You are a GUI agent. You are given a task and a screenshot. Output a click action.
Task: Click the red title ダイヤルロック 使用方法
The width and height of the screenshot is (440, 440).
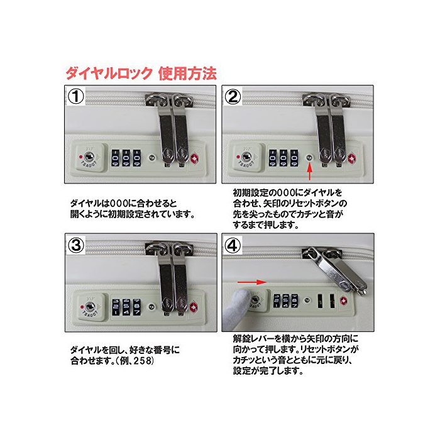tap(141, 74)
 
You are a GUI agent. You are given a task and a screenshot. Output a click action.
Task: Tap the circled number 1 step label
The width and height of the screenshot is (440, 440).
tap(76, 97)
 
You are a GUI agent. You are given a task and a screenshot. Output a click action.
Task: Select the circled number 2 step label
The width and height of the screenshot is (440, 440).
tap(233, 97)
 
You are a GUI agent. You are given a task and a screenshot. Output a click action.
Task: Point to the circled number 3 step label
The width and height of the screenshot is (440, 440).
tap(76, 245)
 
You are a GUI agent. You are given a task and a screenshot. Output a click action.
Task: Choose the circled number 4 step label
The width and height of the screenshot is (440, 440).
tap(233, 245)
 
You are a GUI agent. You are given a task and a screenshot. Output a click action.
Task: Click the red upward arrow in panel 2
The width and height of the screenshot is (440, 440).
tap(309, 172)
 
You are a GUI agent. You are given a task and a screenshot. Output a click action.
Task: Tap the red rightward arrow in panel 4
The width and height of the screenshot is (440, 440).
tap(251, 282)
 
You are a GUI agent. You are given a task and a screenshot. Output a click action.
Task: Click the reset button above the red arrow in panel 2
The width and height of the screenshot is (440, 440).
tap(309, 157)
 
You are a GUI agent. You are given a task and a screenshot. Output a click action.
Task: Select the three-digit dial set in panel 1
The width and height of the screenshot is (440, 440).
tap(126, 158)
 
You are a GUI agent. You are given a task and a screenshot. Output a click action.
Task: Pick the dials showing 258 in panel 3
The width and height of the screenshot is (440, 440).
tap(126, 307)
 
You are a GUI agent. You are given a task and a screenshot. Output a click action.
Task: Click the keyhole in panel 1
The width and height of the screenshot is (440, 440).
tap(89, 157)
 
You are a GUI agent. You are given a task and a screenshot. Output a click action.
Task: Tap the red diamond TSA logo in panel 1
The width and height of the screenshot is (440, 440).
tap(194, 158)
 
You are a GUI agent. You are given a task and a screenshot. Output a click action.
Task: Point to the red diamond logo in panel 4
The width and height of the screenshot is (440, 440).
tap(343, 301)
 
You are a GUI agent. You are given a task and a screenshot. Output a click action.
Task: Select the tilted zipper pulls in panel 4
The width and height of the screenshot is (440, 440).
tap(335, 269)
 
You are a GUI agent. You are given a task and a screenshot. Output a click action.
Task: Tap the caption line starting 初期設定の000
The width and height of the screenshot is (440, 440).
tap(288, 193)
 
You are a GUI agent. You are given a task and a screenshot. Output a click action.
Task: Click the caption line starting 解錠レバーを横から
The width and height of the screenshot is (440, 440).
tap(295, 339)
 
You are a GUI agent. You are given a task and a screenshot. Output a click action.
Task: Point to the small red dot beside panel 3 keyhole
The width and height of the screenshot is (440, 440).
tap(82, 307)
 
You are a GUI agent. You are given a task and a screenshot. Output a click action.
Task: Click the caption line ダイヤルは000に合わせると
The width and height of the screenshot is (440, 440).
tap(123, 204)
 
